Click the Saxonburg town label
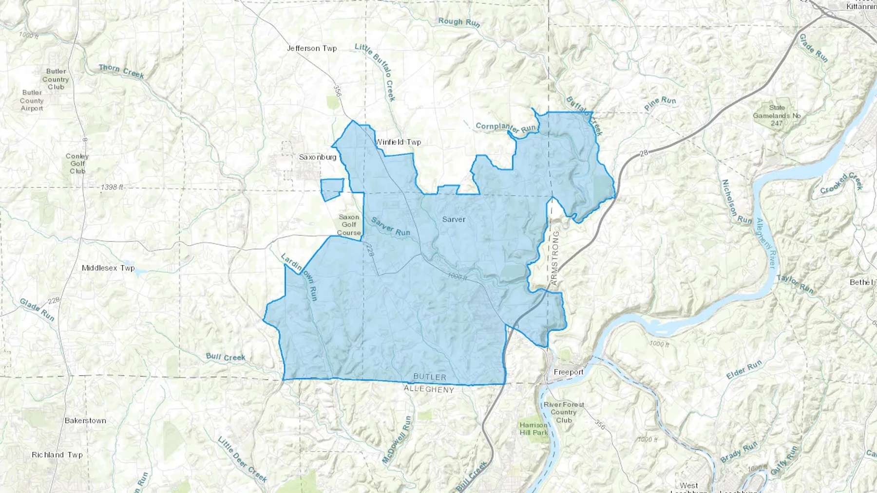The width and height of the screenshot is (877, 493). pos(318,157)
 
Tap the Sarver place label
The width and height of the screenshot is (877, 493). pos(454,219)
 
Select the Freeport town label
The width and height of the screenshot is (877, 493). pos(569,372)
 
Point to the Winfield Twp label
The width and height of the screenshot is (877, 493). pos(398,142)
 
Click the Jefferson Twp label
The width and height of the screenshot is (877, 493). pos(312,48)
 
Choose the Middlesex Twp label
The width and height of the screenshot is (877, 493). pos(108,268)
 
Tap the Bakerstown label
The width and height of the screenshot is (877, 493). pos(85,420)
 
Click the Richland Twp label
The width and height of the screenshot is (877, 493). pos(57,455)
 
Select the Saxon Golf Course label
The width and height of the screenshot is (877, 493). pos(349,225)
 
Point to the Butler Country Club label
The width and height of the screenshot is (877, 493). pos(56,79)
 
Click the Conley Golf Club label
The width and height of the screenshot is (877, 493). pos(77,164)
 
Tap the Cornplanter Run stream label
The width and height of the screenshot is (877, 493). pos(506,128)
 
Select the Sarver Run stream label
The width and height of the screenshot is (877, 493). pos(390,226)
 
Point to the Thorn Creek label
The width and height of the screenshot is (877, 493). pos(121,71)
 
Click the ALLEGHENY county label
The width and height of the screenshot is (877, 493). pos(429,389)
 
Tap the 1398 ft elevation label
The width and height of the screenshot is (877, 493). pos(112,187)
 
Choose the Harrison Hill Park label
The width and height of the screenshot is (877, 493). pos(534,428)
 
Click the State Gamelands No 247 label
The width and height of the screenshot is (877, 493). pos(777,115)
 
